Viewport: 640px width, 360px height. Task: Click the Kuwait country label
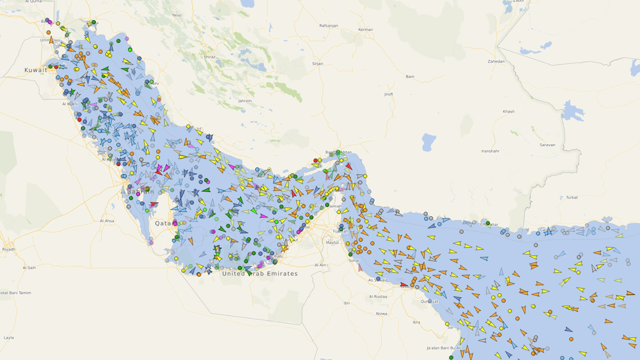36,70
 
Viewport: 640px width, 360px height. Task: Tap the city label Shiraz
209,57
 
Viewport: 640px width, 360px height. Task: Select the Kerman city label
365,30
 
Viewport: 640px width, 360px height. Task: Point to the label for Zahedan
496,61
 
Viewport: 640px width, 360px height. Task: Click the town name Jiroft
389,94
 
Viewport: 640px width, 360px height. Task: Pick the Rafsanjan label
329,26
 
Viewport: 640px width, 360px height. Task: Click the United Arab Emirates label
260,274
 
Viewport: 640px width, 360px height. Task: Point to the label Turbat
572,197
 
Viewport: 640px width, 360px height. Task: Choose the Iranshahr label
490,151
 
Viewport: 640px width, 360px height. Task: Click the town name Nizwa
382,314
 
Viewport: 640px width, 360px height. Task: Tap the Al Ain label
320,265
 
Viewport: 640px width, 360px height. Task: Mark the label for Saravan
547,145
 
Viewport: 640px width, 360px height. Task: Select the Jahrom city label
245,101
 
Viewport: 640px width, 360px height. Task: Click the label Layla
9,338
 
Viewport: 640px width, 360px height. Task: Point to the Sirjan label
318,64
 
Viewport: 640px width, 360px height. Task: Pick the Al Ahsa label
107,221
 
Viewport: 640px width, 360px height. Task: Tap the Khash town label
508,111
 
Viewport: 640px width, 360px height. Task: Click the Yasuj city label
177,15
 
